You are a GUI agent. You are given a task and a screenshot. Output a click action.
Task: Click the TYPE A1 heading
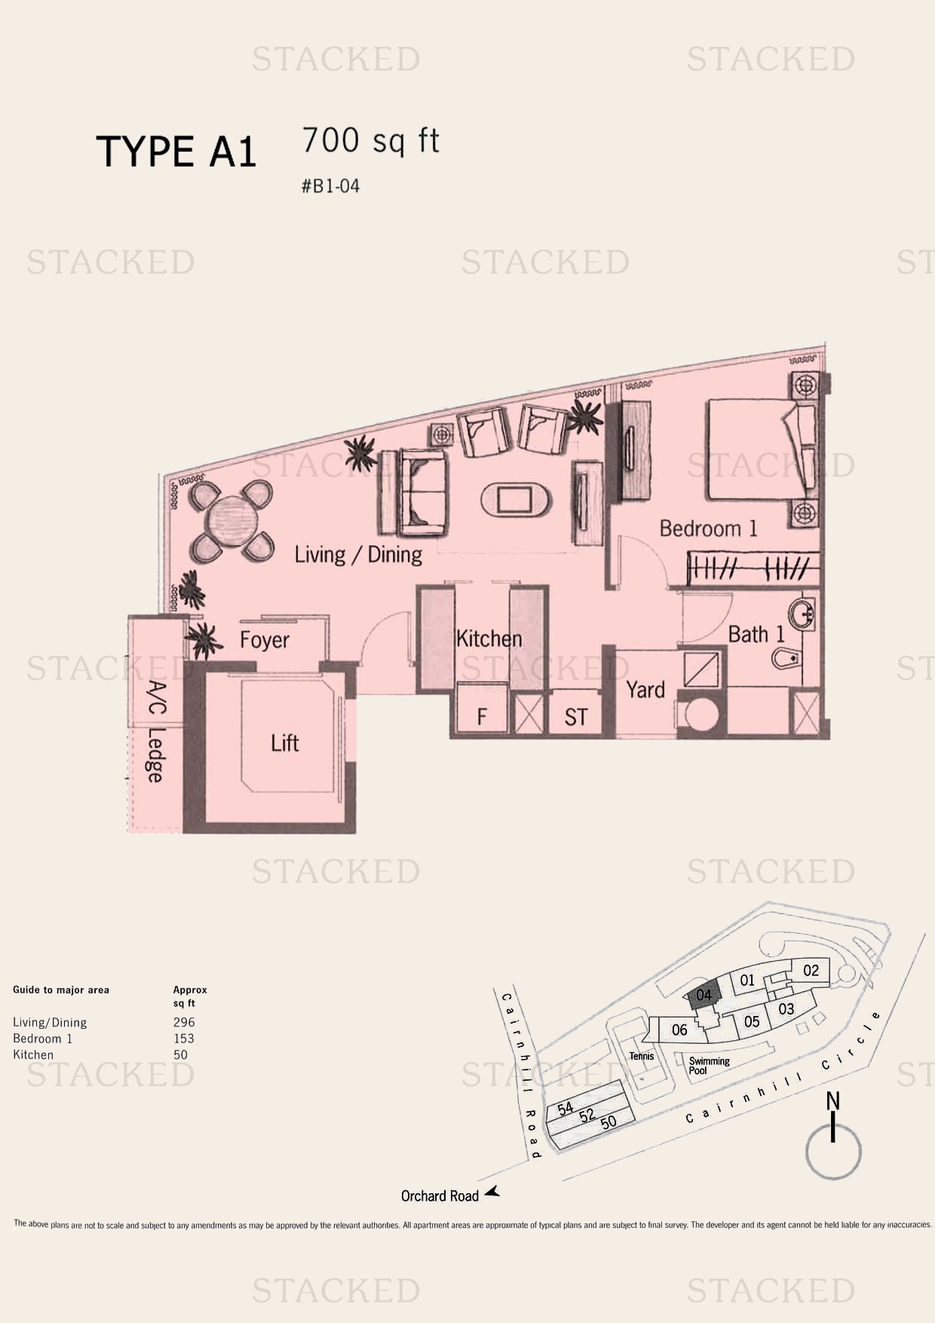click(176, 152)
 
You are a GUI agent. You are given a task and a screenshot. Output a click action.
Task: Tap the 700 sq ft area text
click(370, 140)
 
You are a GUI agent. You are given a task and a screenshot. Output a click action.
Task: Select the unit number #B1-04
click(330, 186)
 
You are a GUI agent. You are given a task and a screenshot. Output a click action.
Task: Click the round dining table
click(232, 521)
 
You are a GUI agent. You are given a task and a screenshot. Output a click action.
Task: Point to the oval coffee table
click(517, 499)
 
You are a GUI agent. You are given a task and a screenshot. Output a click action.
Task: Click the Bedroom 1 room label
click(708, 528)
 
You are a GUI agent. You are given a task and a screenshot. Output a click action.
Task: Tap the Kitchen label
click(489, 639)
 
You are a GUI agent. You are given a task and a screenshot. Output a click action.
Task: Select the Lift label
click(285, 743)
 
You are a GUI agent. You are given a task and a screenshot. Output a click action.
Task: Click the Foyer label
click(265, 640)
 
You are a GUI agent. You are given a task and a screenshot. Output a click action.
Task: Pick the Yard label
click(645, 689)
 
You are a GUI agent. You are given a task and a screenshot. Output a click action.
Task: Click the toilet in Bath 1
click(789, 658)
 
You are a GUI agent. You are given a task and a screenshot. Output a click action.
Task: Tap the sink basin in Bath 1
click(802, 614)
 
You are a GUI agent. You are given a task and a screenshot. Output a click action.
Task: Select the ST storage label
click(575, 717)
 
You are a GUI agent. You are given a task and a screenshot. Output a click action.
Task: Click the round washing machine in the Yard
click(700, 715)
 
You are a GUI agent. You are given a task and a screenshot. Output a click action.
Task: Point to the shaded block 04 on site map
click(704, 996)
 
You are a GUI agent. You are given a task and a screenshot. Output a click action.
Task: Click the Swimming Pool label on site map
click(709, 1066)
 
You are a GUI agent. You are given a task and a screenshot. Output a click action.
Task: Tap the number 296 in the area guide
click(184, 1022)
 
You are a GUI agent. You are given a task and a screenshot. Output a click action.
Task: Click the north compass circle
click(833, 1153)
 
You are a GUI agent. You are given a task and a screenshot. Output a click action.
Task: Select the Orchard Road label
click(440, 1196)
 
